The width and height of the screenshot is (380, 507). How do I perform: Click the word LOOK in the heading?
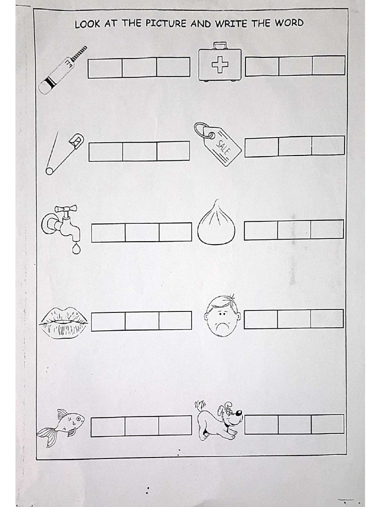click(x=87, y=24)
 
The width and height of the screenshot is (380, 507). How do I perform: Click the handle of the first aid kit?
click(x=220, y=46)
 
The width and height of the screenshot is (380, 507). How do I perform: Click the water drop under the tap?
click(x=76, y=249)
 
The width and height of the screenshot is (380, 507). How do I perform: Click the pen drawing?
click(x=62, y=70)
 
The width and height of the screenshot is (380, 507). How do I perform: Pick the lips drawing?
click(x=63, y=322)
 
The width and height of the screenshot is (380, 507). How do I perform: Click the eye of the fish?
click(x=78, y=419)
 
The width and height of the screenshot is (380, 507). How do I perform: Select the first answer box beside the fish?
click(x=107, y=426)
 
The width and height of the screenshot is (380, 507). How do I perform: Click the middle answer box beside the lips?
click(x=142, y=321)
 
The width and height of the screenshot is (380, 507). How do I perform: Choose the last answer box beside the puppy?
click(x=328, y=424)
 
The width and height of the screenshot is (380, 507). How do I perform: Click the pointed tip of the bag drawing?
click(x=216, y=202)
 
